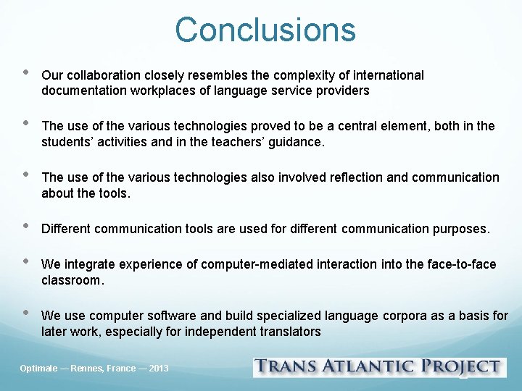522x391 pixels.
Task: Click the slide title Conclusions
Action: coord(265,30)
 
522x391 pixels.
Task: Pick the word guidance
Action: coord(296,142)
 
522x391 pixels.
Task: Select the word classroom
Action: coord(72,280)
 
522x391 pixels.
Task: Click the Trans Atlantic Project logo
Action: coord(379,367)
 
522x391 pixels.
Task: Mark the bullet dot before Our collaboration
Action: coord(26,73)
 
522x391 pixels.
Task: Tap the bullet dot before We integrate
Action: coord(26,262)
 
